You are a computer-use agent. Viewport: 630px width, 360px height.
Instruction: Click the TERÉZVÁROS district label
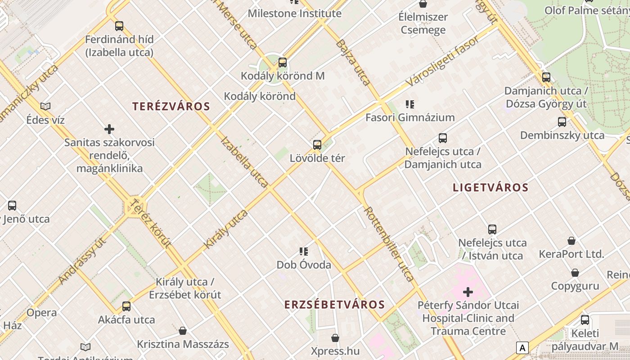point(171,107)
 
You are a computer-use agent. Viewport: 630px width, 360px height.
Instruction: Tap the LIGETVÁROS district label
point(490,188)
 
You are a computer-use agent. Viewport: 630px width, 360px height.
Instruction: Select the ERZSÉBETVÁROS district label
point(334,305)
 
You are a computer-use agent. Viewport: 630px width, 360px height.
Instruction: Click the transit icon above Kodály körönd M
point(283,63)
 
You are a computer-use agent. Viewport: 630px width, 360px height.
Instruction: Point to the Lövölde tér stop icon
point(317,144)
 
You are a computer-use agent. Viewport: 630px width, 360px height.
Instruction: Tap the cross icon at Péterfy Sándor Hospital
point(468,292)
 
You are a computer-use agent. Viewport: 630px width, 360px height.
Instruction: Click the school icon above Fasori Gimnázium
point(409,104)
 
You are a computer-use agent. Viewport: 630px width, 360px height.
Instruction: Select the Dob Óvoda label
point(304,265)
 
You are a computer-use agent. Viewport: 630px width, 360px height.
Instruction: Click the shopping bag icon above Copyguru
point(575,273)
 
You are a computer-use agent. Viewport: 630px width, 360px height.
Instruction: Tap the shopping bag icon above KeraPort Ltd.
point(571,241)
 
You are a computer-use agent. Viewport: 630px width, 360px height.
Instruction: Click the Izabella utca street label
point(245,162)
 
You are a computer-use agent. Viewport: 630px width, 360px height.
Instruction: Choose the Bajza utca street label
point(353,63)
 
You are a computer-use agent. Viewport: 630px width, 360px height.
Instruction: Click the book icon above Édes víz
point(45,106)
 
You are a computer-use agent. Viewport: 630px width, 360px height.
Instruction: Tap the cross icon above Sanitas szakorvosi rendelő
point(109,130)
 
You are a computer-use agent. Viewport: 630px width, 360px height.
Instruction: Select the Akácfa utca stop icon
point(126,306)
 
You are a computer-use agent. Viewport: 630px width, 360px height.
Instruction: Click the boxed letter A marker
point(522,348)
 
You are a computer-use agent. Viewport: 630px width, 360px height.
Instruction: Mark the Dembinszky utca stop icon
point(562,121)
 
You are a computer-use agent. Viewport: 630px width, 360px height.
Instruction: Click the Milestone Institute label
point(295,13)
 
